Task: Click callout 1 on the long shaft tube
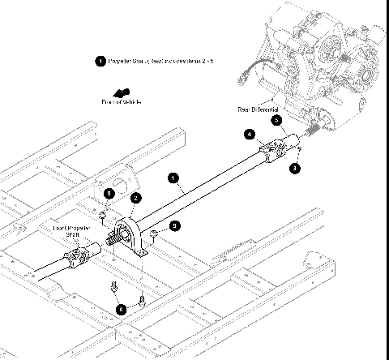172,176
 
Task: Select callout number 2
137,198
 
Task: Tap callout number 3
295,167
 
